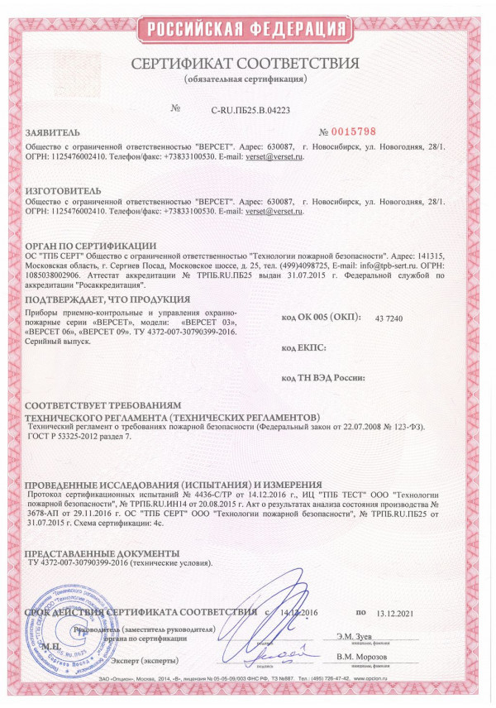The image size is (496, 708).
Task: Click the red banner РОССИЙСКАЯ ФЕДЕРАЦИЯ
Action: tap(247, 31)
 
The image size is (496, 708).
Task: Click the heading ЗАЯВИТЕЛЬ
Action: tap(54, 132)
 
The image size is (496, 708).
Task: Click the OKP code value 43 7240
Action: tap(389, 318)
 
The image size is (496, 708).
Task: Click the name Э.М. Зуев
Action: tap(354, 635)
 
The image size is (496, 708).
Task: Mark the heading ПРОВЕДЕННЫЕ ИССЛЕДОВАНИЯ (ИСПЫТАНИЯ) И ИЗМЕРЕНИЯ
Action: tap(173, 484)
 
